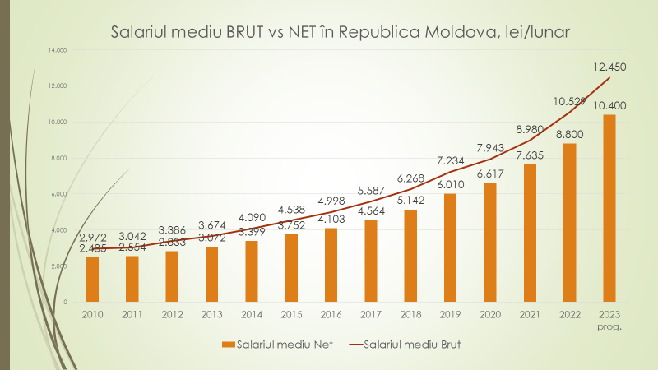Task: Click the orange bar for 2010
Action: tap(93, 280)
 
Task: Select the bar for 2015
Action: tap(291, 268)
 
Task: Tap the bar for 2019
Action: tap(450, 247)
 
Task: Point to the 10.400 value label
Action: tap(609, 104)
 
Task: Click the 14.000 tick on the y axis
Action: tap(57, 50)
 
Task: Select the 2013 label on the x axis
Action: tap(212, 315)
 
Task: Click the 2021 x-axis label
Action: tap(530, 315)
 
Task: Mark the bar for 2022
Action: tap(569, 222)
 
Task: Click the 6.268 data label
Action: tap(410, 178)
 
